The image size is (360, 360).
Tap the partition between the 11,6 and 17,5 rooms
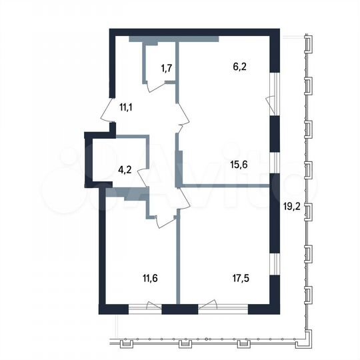(x=177, y=260)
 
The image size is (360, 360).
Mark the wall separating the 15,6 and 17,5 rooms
(x=227, y=186)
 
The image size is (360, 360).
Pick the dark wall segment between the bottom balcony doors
(x=180, y=309)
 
